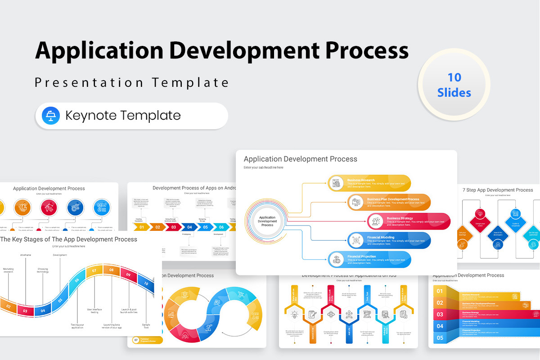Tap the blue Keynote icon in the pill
51,116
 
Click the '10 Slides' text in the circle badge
454,85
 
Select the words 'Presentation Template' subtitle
132,83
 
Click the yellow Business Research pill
369,183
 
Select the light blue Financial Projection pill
369,259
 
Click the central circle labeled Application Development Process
267,221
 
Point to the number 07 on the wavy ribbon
94,271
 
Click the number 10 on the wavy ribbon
146,284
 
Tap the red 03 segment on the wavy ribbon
25,310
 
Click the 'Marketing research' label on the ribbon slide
9,271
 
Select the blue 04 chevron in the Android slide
189,227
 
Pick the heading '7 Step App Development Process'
497,190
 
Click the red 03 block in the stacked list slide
440,314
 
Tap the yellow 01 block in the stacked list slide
440,291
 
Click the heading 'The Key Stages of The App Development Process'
68,239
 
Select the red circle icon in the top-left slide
49,207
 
